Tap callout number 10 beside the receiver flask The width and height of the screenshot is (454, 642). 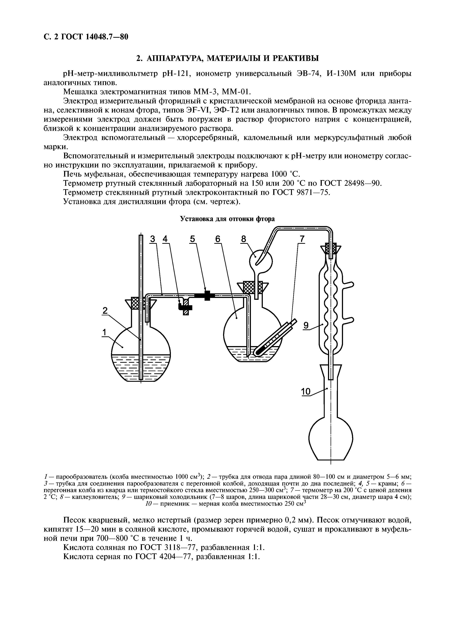tap(306, 392)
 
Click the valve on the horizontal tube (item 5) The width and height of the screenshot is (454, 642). tap(207, 295)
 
